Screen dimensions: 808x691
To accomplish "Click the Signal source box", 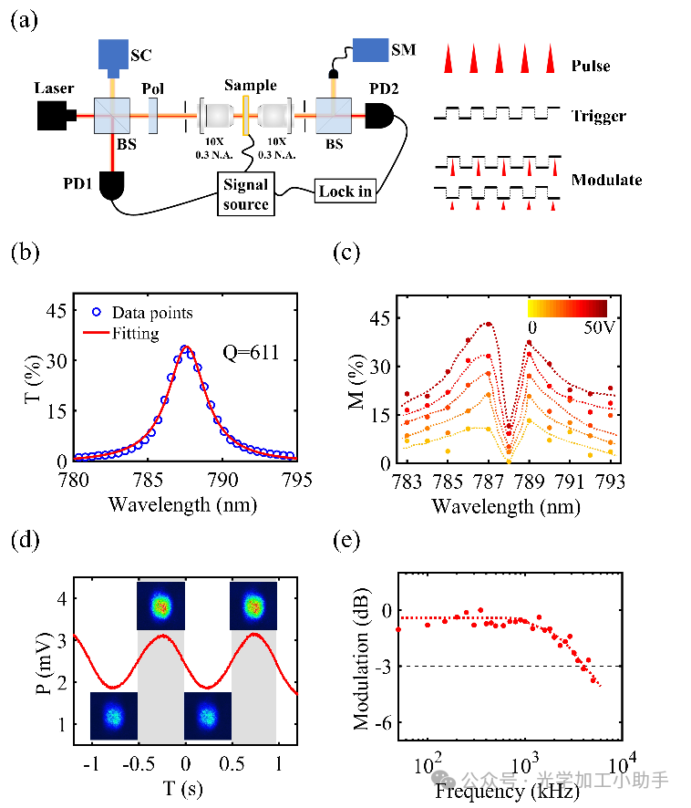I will (246, 193).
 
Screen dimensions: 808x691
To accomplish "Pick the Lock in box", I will (345, 192).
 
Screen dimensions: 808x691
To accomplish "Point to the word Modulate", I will (606, 180).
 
